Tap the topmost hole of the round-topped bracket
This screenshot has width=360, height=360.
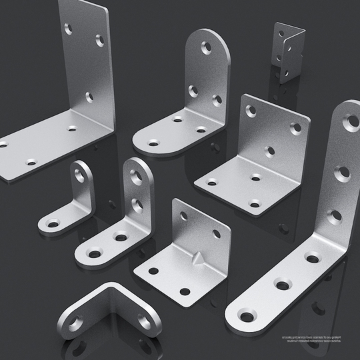(x=206, y=48)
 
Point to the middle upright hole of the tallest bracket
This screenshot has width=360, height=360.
(x=342, y=173)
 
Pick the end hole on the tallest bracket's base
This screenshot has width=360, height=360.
(x=247, y=315)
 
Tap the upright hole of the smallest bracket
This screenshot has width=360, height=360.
(x=81, y=177)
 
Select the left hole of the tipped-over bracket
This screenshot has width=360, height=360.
(x=76, y=323)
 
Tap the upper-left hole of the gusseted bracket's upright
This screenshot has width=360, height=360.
(x=183, y=215)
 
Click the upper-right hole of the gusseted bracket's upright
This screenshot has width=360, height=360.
(x=217, y=233)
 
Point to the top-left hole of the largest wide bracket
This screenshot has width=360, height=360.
(x=69, y=29)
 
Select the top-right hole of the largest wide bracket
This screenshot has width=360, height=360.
(x=99, y=41)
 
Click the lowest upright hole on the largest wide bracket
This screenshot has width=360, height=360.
(x=89, y=97)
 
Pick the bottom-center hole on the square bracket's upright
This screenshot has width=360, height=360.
(x=269, y=151)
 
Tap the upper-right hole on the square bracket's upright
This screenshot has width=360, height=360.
(x=295, y=128)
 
